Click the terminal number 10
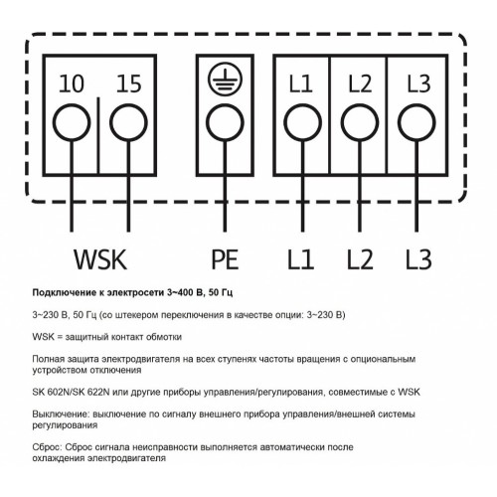72,83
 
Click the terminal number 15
129,83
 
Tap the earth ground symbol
225,79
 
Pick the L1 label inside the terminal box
300,83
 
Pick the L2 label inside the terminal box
360,83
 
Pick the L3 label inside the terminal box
418,83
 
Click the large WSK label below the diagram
100,259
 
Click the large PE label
225,259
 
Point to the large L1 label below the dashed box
300,259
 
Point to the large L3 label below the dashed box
418,259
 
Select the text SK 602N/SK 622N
71,392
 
